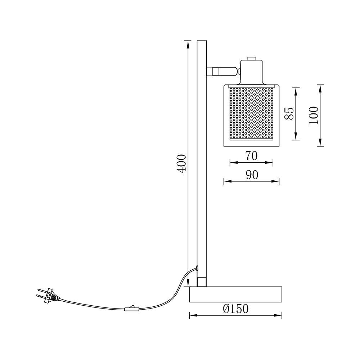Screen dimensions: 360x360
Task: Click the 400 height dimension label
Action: (182, 164)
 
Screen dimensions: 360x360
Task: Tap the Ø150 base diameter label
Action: (236, 309)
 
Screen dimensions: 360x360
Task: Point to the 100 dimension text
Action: (314, 115)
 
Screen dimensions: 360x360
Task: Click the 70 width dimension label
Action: (251, 156)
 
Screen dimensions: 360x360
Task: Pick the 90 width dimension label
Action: (252, 175)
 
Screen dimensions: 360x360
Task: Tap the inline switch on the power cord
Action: (131, 309)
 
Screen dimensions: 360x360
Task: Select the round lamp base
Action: (236, 294)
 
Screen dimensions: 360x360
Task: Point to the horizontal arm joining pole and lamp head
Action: (222, 71)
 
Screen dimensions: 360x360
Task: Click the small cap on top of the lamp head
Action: (251, 58)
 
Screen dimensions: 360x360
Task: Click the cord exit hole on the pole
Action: (197, 267)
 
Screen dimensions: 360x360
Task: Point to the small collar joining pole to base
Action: (202, 282)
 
